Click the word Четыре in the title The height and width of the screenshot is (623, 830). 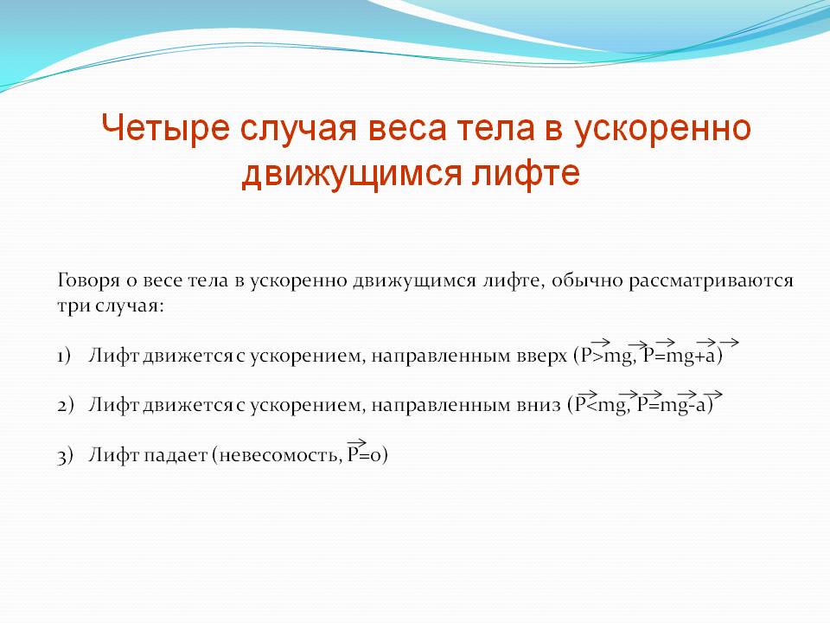(x=165, y=128)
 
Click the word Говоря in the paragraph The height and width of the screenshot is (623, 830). (x=88, y=280)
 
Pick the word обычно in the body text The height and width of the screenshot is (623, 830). (x=587, y=280)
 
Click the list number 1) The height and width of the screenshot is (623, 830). (x=64, y=356)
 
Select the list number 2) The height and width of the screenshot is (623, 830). (x=65, y=405)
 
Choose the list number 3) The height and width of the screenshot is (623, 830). (x=65, y=455)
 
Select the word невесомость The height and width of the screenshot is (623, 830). (x=278, y=455)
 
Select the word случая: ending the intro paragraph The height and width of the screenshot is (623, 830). (x=131, y=306)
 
